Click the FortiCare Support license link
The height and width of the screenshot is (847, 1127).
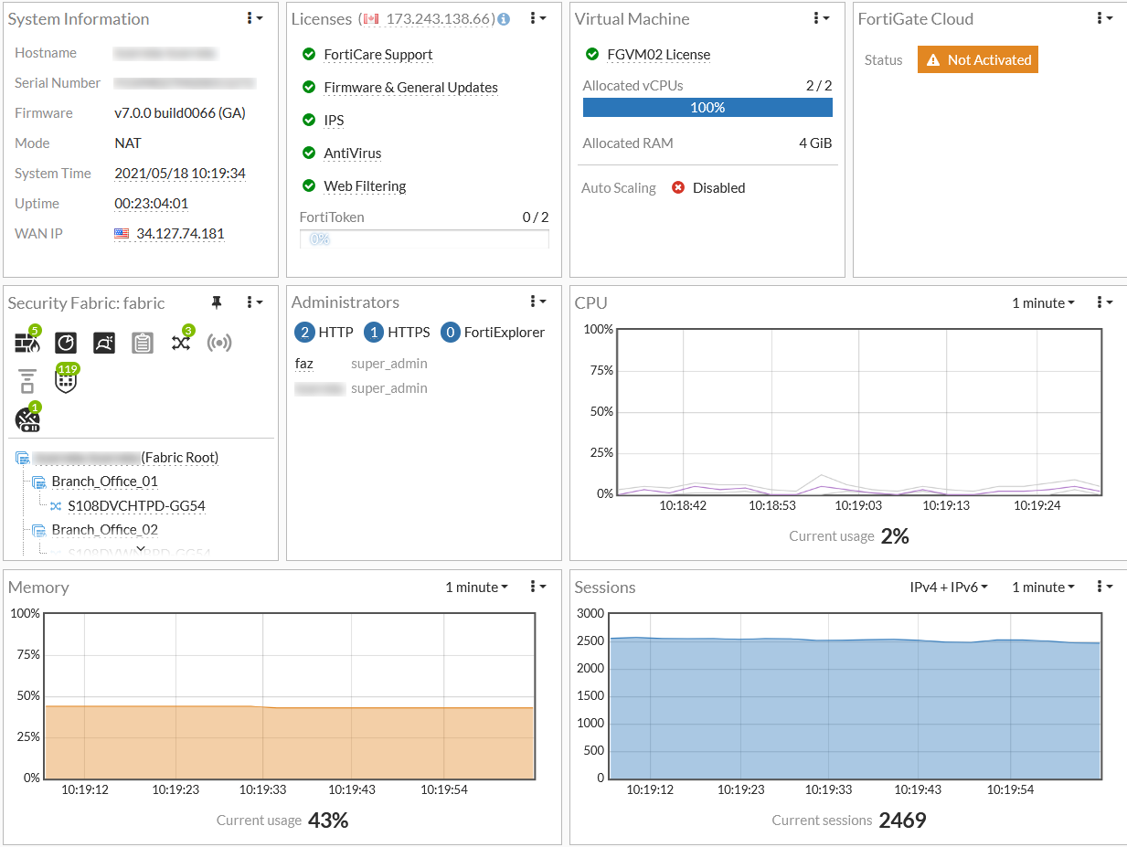coord(378,55)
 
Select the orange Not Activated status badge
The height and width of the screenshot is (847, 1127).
coord(978,60)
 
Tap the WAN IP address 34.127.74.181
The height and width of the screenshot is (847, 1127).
coord(180,234)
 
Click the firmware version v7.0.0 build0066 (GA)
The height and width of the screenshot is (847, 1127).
coord(180,113)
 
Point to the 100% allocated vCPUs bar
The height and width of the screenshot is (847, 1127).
coord(707,108)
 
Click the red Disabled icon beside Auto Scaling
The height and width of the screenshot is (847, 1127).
coord(678,188)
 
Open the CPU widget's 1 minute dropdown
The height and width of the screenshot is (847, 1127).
coord(1043,303)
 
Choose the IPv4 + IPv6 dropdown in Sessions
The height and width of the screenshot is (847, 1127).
coord(949,588)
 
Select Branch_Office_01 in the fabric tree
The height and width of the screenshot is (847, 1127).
coord(104,482)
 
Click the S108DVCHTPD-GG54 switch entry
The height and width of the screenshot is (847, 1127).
coord(136,506)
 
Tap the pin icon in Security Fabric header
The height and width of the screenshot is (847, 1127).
coord(217,302)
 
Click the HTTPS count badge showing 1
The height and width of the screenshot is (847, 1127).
coord(373,333)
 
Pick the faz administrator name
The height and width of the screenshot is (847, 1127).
coord(304,364)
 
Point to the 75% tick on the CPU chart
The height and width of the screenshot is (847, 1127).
coord(601,370)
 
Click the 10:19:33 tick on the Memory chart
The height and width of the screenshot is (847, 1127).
coord(262,789)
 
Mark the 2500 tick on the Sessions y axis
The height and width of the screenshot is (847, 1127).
coord(590,641)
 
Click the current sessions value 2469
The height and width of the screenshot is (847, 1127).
coord(902,821)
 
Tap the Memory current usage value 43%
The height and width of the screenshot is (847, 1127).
coord(328,821)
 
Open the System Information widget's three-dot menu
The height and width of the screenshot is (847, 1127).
coord(254,18)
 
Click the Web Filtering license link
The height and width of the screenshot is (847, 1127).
coord(365,186)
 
